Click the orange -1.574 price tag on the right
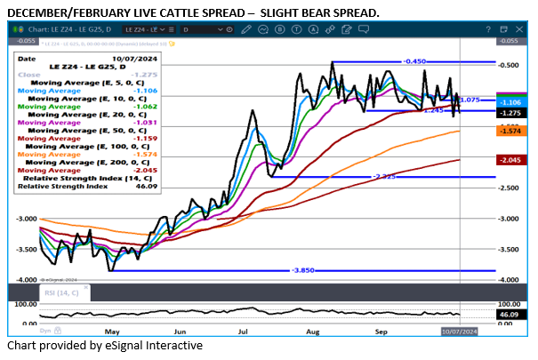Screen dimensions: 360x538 [510, 131]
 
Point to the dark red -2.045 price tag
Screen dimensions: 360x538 [510, 160]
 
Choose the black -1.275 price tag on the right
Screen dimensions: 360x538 [510, 113]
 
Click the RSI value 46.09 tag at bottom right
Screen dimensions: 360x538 [510, 314]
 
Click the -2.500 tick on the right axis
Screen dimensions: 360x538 [510, 188]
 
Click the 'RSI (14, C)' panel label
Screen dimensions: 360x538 [60, 292]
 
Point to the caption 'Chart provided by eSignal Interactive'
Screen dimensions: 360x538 [105, 345]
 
